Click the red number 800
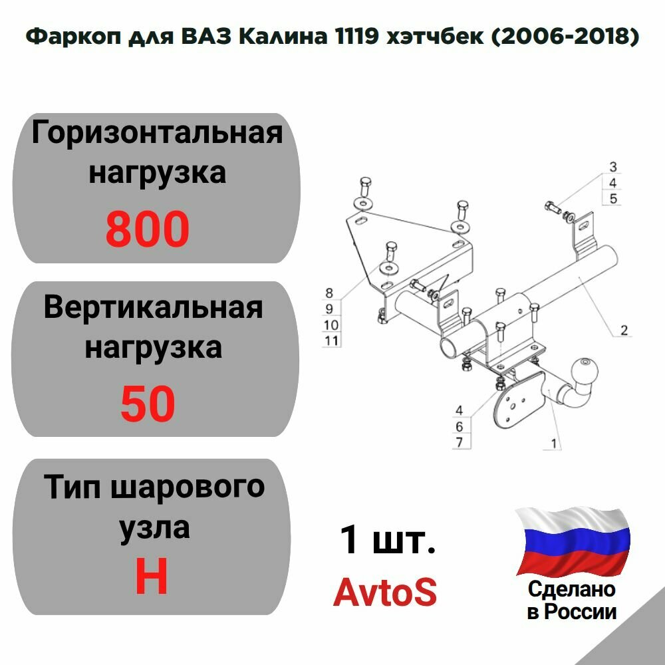[148, 229]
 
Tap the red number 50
[148, 404]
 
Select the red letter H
[151, 576]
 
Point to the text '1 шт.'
[388, 540]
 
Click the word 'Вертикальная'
[153, 308]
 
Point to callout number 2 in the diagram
[624, 330]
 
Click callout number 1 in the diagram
[553, 440]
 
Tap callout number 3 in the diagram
[612, 166]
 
